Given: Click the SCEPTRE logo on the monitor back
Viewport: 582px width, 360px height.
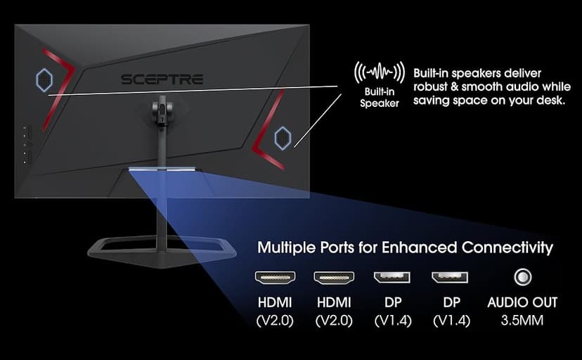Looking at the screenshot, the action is tap(162, 79).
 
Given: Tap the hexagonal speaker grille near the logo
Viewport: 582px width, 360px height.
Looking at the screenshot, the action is tap(44, 79).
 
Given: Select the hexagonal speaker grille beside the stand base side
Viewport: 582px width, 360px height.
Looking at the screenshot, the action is tap(283, 138).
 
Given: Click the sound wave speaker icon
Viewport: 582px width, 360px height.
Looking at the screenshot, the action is tap(379, 72).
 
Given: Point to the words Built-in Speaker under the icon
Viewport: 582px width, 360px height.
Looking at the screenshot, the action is tap(380, 97).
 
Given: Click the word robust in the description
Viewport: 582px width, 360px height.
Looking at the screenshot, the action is tap(429, 87).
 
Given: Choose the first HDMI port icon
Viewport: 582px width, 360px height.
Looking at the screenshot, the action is tap(275, 278).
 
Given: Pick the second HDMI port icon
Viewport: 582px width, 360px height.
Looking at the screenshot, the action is tap(334, 278).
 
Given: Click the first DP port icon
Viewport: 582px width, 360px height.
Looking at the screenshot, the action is tap(392, 277).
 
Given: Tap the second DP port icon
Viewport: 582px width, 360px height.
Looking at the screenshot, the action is tap(450, 277).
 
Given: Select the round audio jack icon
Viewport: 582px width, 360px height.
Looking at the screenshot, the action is tap(523, 277).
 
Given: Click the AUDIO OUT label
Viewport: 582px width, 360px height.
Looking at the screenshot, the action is tap(522, 302).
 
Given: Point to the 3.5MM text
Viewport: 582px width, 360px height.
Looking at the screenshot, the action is tap(522, 321).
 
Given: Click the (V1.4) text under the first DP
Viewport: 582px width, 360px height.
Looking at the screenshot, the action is tap(393, 321).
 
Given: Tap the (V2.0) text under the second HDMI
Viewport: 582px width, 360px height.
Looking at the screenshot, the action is tap(334, 321).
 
